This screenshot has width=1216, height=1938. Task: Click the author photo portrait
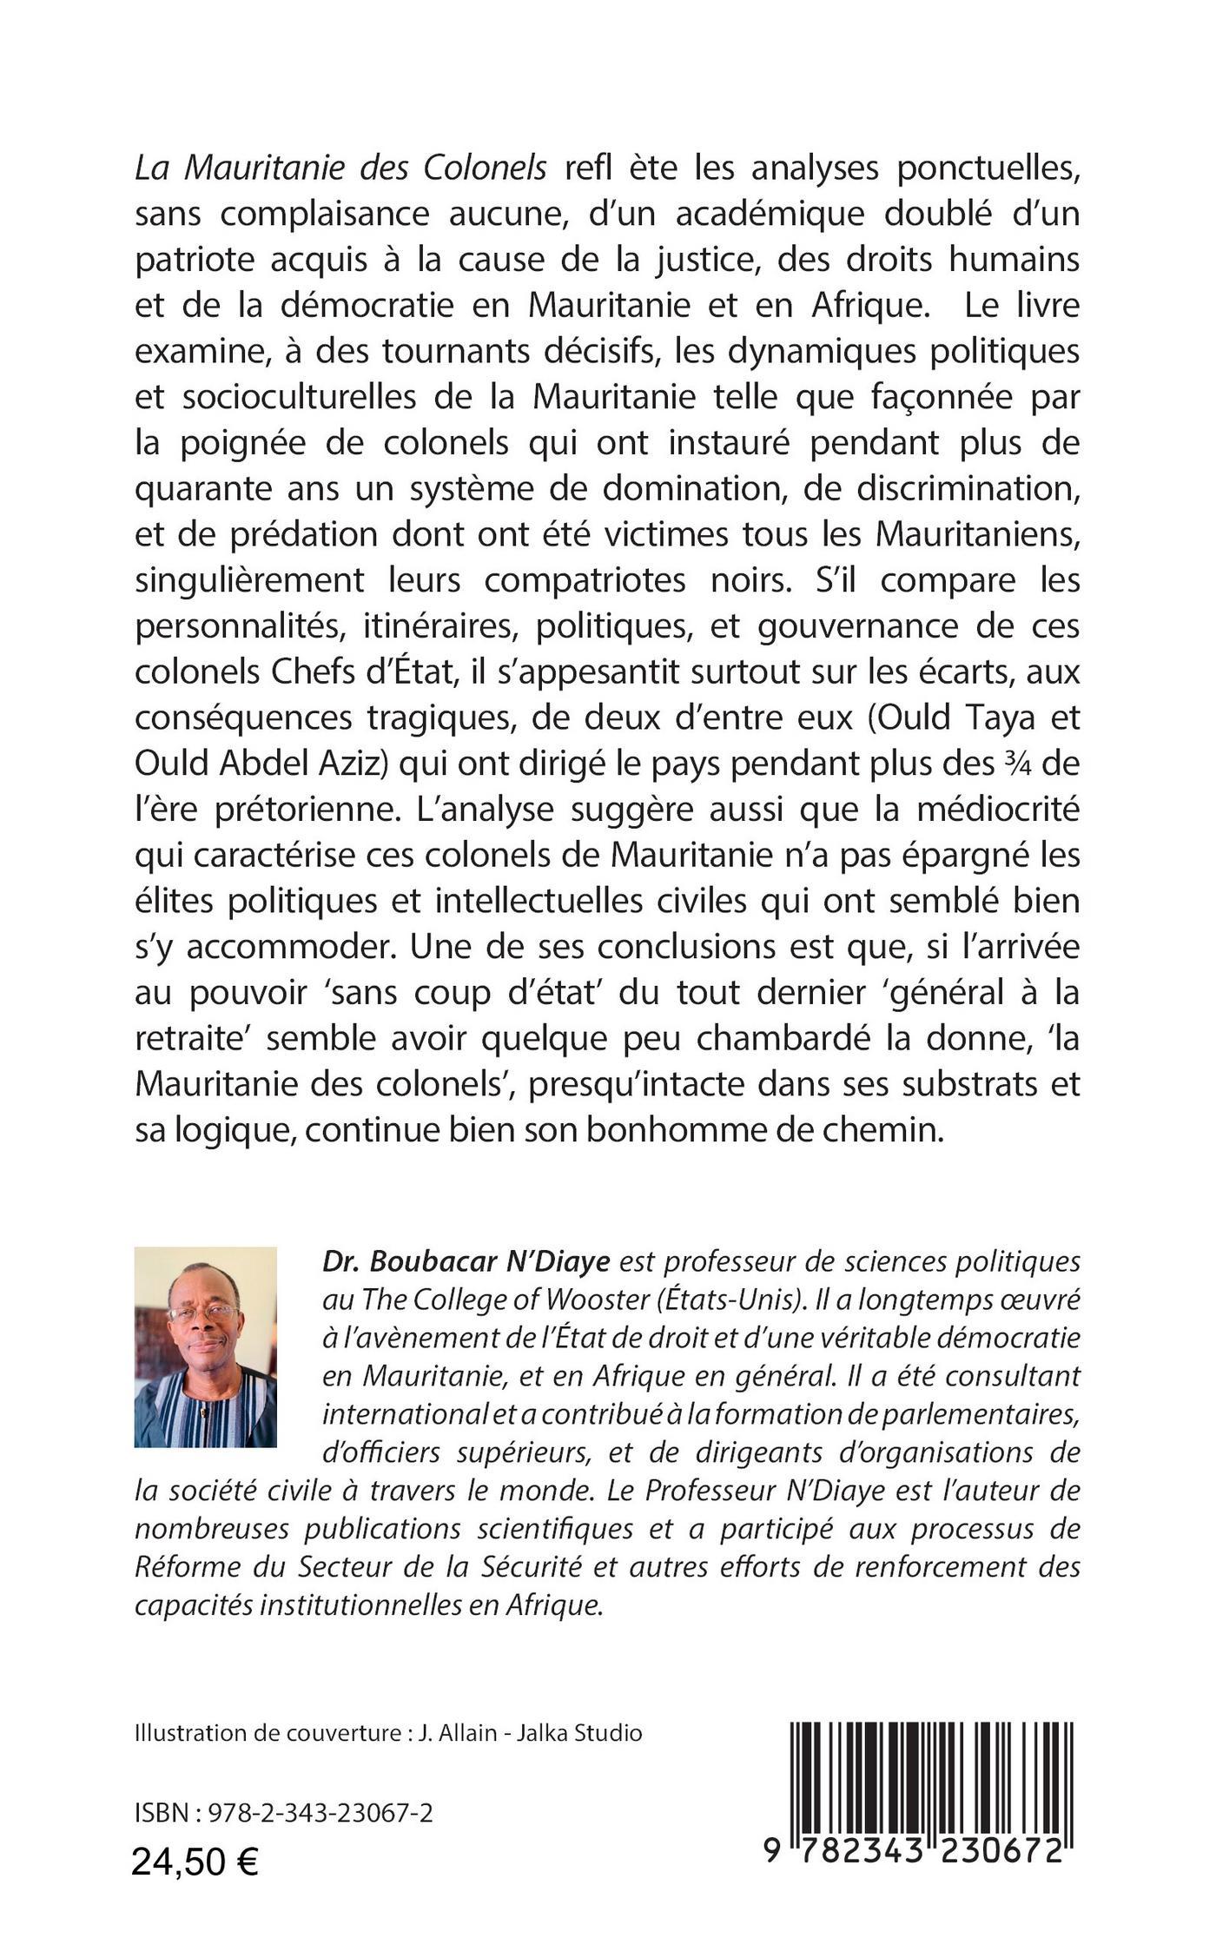click(206, 1347)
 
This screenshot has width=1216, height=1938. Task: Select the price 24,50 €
click(195, 1862)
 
